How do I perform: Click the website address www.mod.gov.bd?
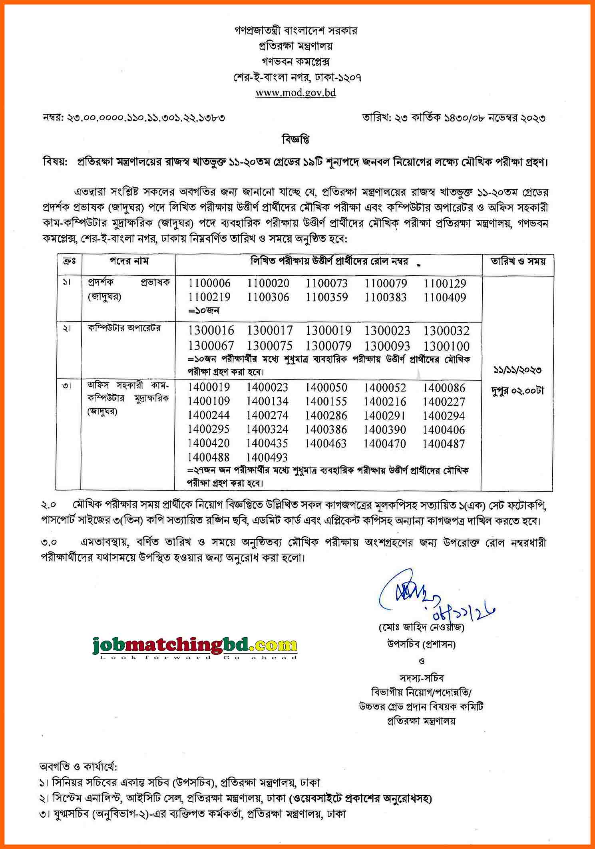click(x=295, y=93)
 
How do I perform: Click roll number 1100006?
click(x=209, y=283)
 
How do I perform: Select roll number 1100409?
click(x=445, y=297)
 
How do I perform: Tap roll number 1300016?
click(x=211, y=331)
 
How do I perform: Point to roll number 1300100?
click(x=446, y=346)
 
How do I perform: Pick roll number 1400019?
click(x=209, y=387)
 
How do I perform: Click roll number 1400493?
click(x=267, y=457)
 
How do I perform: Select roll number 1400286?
click(x=326, y=416)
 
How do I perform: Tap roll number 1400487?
click(x=444, y=443)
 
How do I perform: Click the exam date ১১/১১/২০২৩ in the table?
click(x=517, y=370)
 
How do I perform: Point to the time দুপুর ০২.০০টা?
click(x=517, y=391)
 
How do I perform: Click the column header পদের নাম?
click(x=129, y=261)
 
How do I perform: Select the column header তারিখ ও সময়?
click(x=518, y=262)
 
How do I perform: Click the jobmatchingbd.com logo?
click(x=195, y=646)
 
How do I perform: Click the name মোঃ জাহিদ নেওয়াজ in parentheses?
click(x=422, y=628)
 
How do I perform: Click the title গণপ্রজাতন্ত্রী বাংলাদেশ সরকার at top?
click(x=296, y=30)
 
